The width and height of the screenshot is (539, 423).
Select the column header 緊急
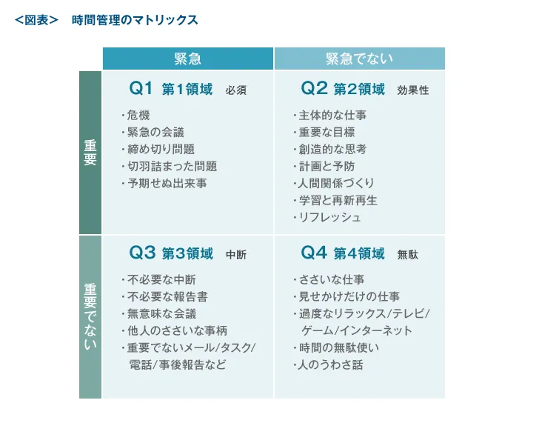187,59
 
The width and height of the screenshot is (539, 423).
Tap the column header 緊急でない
359,59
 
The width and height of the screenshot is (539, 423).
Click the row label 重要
90,153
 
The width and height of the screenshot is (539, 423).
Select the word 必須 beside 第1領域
235,90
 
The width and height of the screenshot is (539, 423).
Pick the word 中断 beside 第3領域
235,255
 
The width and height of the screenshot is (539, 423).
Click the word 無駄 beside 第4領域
407,255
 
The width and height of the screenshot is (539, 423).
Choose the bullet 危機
138,115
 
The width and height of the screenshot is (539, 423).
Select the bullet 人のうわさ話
331,364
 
